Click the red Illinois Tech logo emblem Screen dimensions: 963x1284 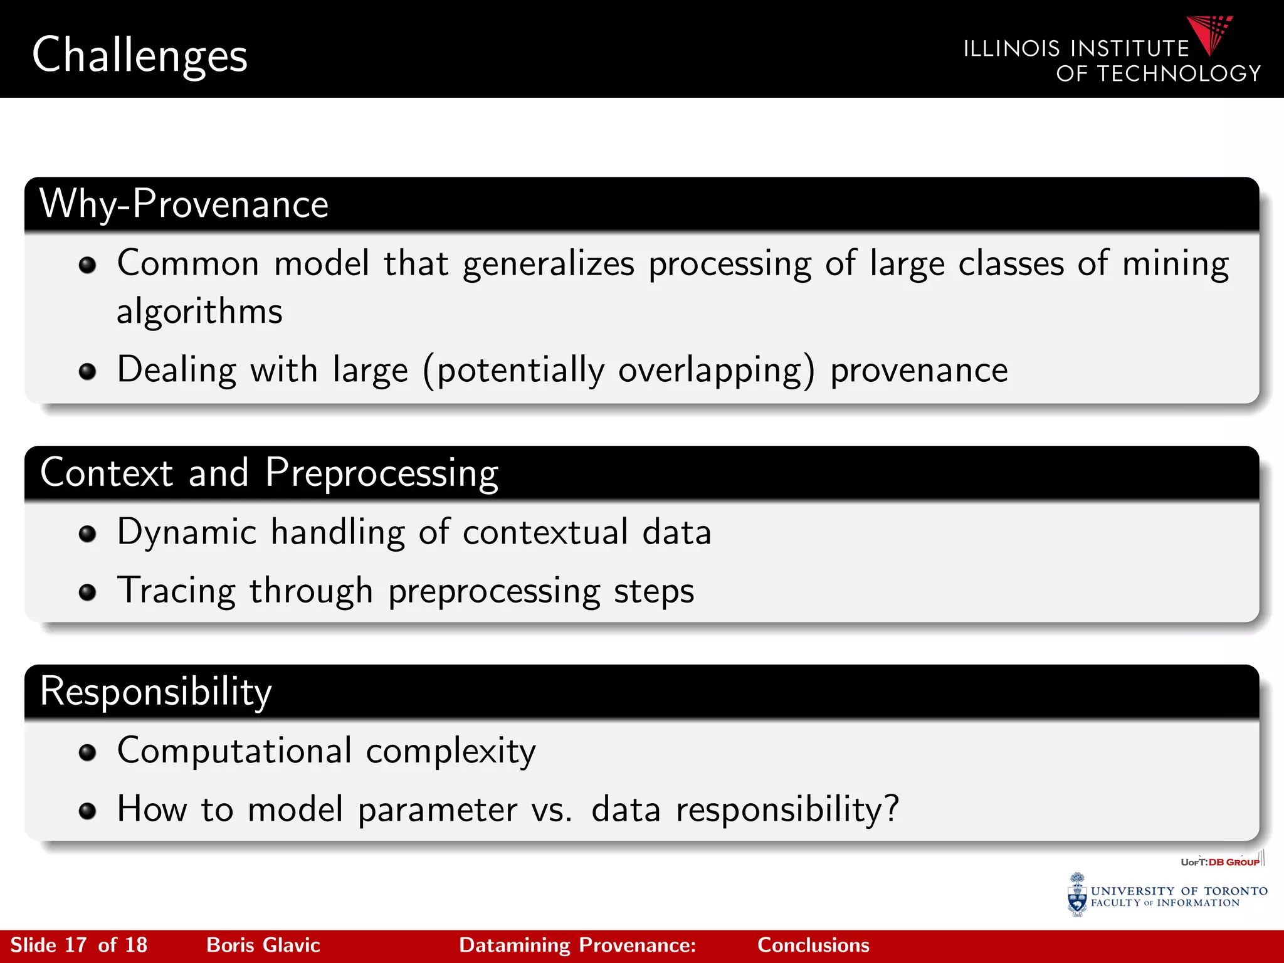click(1210, 34)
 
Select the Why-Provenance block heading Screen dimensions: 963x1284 click(184, 204)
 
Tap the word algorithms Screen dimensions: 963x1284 click(199, 312)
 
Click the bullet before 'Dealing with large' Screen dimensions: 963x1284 click(87, 371)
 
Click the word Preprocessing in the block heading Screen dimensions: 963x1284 click(381, 473)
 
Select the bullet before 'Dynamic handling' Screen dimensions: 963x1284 click(87, 534)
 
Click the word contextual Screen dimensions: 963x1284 click(545, 532)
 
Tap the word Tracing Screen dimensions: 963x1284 click(176, 591)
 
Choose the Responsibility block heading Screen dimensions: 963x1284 click(155, 692)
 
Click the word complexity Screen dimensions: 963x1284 click(451, 752)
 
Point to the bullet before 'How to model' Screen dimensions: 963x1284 click(87, 811)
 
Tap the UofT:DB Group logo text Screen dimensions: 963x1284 click(1220, 862)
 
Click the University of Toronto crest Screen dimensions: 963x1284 click(1076, 895)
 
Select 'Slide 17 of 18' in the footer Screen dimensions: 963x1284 click(78, 945)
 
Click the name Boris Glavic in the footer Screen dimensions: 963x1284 click(263, 945)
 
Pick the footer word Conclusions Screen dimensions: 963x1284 click(813, 945)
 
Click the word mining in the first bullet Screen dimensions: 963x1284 click(1175, 264)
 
